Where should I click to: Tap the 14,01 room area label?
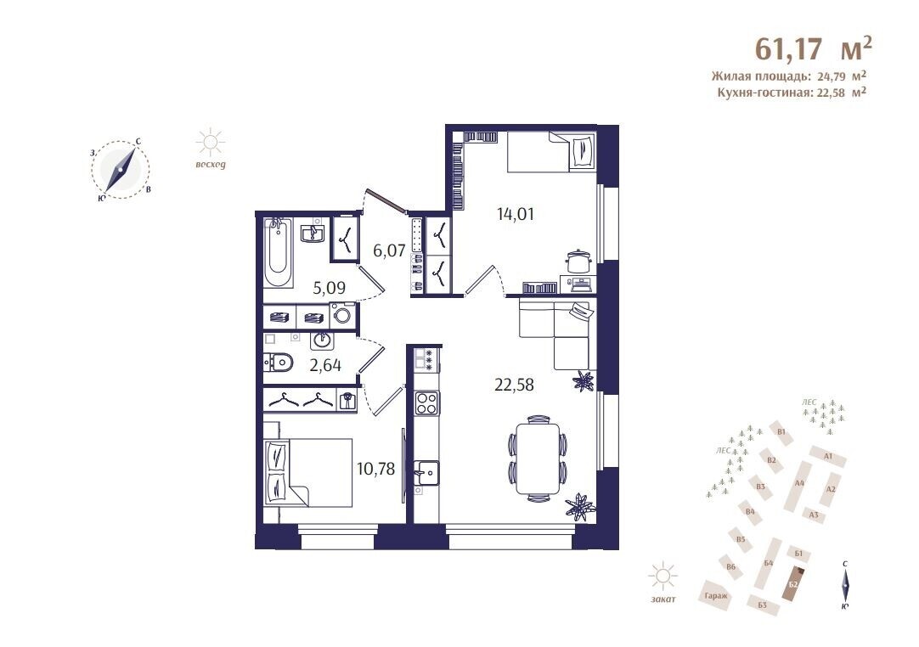pos(516,215)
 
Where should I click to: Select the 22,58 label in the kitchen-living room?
pos(514,385)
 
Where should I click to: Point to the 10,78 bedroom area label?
pos(375,469)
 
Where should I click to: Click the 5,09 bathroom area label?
pos(329,289)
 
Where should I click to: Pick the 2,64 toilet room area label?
pos(325,366)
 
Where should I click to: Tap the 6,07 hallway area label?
pos(389,250)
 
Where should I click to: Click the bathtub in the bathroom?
pos(278,252)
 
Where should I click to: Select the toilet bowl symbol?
pos(278,363)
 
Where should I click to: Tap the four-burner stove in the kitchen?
pos(426,403)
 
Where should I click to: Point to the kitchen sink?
pos(426,471)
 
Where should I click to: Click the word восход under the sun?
pos(211,165)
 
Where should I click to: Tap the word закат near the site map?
pos(662,599)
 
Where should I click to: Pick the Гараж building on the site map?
pos(716,596)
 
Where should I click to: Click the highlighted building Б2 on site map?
pos(795,583)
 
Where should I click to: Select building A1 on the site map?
pos(828,456)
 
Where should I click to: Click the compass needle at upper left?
pos(121,169)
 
